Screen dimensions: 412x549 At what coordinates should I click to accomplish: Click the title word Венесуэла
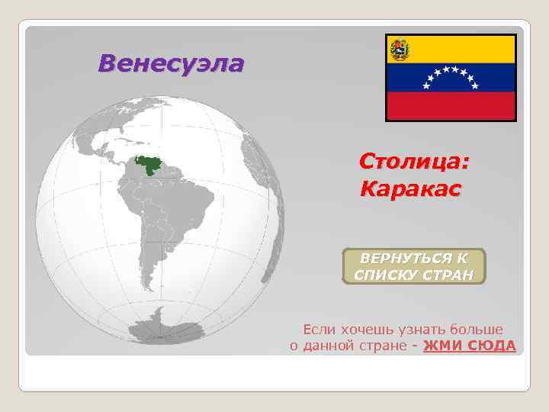pyautogui.click(x=171, y=63)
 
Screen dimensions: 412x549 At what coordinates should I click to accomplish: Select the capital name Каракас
pyautogui.click(x=411, y=187)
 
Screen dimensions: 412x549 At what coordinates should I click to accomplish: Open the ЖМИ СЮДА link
pyautogui.click(x=469, y=346)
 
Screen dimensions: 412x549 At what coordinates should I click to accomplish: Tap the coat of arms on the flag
pyautogui.click(x=400, y=50)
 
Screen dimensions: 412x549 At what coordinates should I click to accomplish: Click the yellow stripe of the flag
pyautogui.click(x=465, y=50)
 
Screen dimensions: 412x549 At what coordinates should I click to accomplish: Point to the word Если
pyautogui.click(x=318, y=329)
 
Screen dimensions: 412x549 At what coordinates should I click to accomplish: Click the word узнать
pyautogui.click(x=419, y=329)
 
